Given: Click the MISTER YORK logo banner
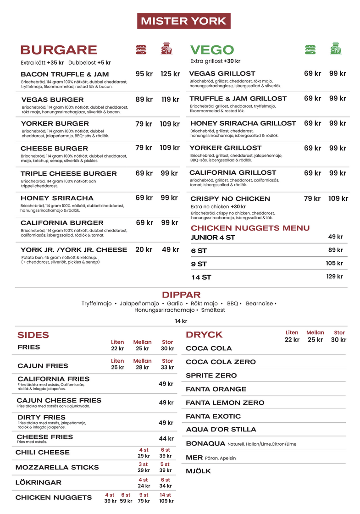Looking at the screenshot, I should click(183, 21).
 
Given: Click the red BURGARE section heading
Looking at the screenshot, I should click(59, 50).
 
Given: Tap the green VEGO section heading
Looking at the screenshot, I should click(212, 50).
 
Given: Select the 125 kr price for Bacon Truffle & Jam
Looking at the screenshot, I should click(170, 74).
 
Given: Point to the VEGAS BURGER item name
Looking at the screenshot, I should click(52, 99).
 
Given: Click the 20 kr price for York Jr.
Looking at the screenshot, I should click(144, 250).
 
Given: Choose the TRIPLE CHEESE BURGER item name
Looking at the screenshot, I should click(68, 174).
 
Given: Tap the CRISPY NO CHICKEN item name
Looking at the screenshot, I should click(230, 199).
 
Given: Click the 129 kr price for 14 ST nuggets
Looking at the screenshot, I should click(334, 276).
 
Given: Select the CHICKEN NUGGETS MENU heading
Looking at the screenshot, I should click(250, 228).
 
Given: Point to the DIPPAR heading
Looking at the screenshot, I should click(181, 295).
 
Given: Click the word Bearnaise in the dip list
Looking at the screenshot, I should click(259, 304).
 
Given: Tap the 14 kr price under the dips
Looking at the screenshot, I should click(181, 321).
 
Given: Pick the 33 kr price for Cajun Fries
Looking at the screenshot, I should click(167, 367).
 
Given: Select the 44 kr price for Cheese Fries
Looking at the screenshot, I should click(166, 439).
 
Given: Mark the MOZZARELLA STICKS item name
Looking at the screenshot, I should click(57, 467).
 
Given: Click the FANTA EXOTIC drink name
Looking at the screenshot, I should click(213, 416).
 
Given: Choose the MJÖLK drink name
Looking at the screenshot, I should click(198, 471).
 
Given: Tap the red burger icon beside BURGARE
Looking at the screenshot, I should click(141, 49).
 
